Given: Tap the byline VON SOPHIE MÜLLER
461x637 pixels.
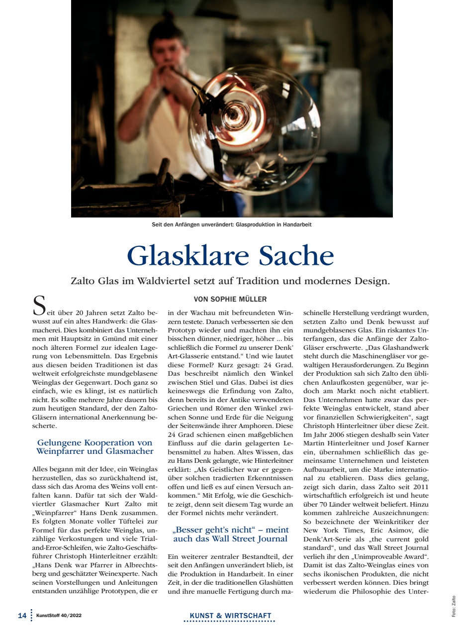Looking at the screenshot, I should tap(230, 299).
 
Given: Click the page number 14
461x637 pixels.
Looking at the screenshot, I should tap(22, 616).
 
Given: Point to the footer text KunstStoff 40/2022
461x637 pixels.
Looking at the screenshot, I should tap(59, 616).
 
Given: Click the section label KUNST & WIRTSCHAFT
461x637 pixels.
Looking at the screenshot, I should tap(230, 616).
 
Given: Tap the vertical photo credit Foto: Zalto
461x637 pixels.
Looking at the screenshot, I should tap(454, 607).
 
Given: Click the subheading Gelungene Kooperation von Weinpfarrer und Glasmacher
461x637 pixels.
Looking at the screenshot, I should tap(94, 447).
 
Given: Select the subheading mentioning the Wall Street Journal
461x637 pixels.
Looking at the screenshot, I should tap(230, 534).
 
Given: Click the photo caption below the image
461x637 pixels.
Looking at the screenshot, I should tap(231, 224).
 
